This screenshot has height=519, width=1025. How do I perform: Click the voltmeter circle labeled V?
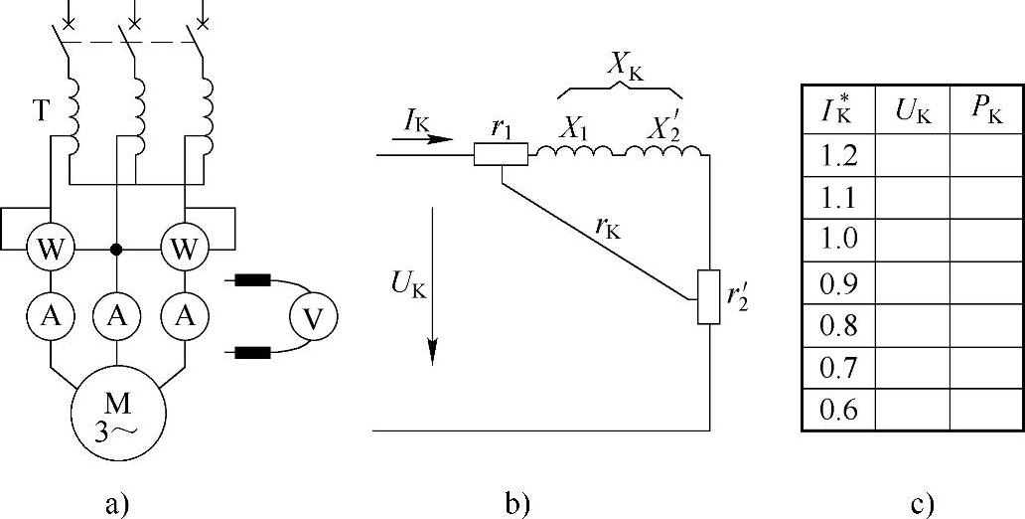[313, 318]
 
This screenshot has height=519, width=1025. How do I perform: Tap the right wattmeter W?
[185, 249]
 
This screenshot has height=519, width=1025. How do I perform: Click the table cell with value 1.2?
[837, 156]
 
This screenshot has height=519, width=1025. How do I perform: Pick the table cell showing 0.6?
[837, 409]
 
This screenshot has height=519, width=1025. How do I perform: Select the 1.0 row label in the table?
[837, 240]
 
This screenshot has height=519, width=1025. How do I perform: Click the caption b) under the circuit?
[517, 503]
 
